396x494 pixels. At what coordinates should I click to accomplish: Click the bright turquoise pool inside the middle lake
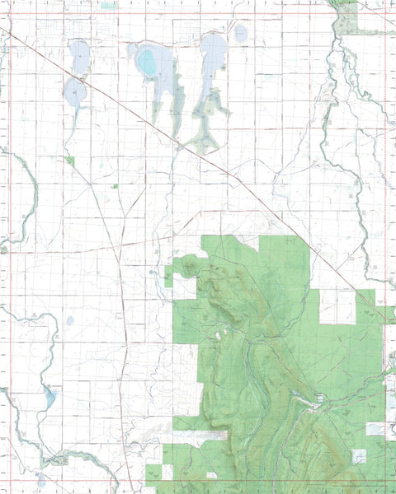click(146, 61)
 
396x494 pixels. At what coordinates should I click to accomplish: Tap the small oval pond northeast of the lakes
click(240, 34)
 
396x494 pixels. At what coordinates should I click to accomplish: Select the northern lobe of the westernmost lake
click(79, 58)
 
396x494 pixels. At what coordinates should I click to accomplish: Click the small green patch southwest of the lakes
click(70, 160)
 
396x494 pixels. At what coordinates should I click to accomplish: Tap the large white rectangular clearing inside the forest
click(337, 306)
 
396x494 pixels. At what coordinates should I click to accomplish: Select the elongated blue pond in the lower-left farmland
click(50, 398)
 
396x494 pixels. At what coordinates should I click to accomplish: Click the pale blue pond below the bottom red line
click(41, 478)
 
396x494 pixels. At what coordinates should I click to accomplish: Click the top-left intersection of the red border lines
click(11, 12)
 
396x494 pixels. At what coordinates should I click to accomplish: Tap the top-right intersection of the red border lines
click(384, 12)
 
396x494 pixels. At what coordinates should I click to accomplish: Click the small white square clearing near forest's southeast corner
click(359, 455)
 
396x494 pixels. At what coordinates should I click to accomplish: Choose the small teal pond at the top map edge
click(108, 5)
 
